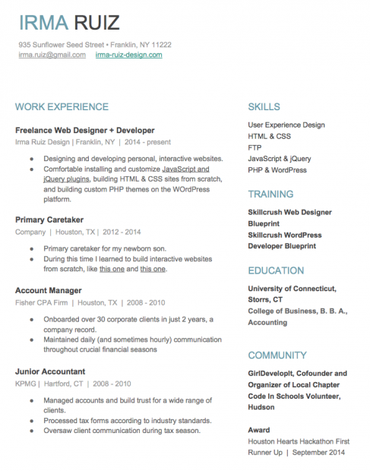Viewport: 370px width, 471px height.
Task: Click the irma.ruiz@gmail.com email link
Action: click(52, 55)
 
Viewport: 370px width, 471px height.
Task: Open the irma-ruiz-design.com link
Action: click(128, 55)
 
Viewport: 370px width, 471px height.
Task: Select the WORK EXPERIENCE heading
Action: click(62, 107)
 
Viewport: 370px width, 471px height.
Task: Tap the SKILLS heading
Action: click(264, 107)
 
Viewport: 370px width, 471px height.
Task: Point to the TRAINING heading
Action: click(271, 194)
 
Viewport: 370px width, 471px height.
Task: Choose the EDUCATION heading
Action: click(277, 270)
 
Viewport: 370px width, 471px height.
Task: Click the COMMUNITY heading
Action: click(277, 355)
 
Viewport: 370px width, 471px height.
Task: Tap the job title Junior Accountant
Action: click(50, 371)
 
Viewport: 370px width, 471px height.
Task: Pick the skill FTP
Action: click(255, 147)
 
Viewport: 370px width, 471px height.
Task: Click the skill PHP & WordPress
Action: click(277, 170)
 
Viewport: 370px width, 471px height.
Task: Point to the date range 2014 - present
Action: click(148, 142)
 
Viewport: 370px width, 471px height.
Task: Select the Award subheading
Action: click(258, 430)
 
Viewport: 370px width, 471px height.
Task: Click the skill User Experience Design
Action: click(286, 125)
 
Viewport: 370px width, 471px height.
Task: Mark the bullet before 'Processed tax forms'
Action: click(31, 420)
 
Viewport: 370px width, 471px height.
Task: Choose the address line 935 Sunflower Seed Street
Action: click(60, 45)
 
